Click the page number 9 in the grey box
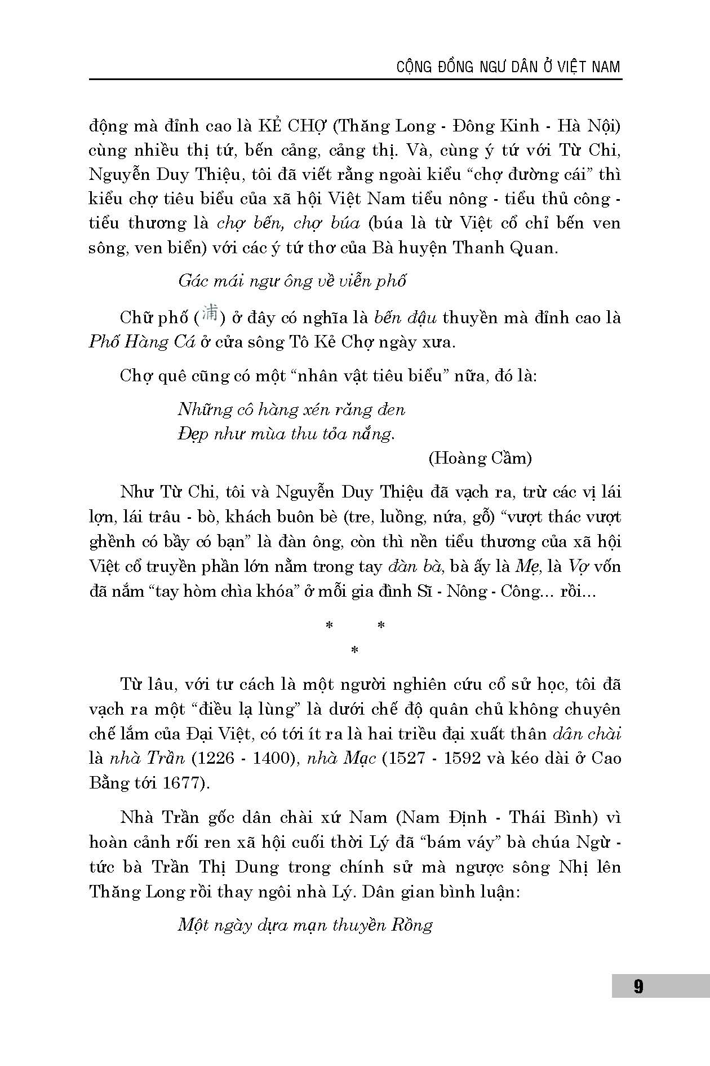tap(638, 986)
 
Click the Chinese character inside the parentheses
tap(210, 314)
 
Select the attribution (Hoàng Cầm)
tap(480, 458)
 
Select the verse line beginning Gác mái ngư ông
tap(292, 280)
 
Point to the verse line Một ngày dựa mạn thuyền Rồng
tap(305, 926)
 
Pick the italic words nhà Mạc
tap(341, 758)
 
